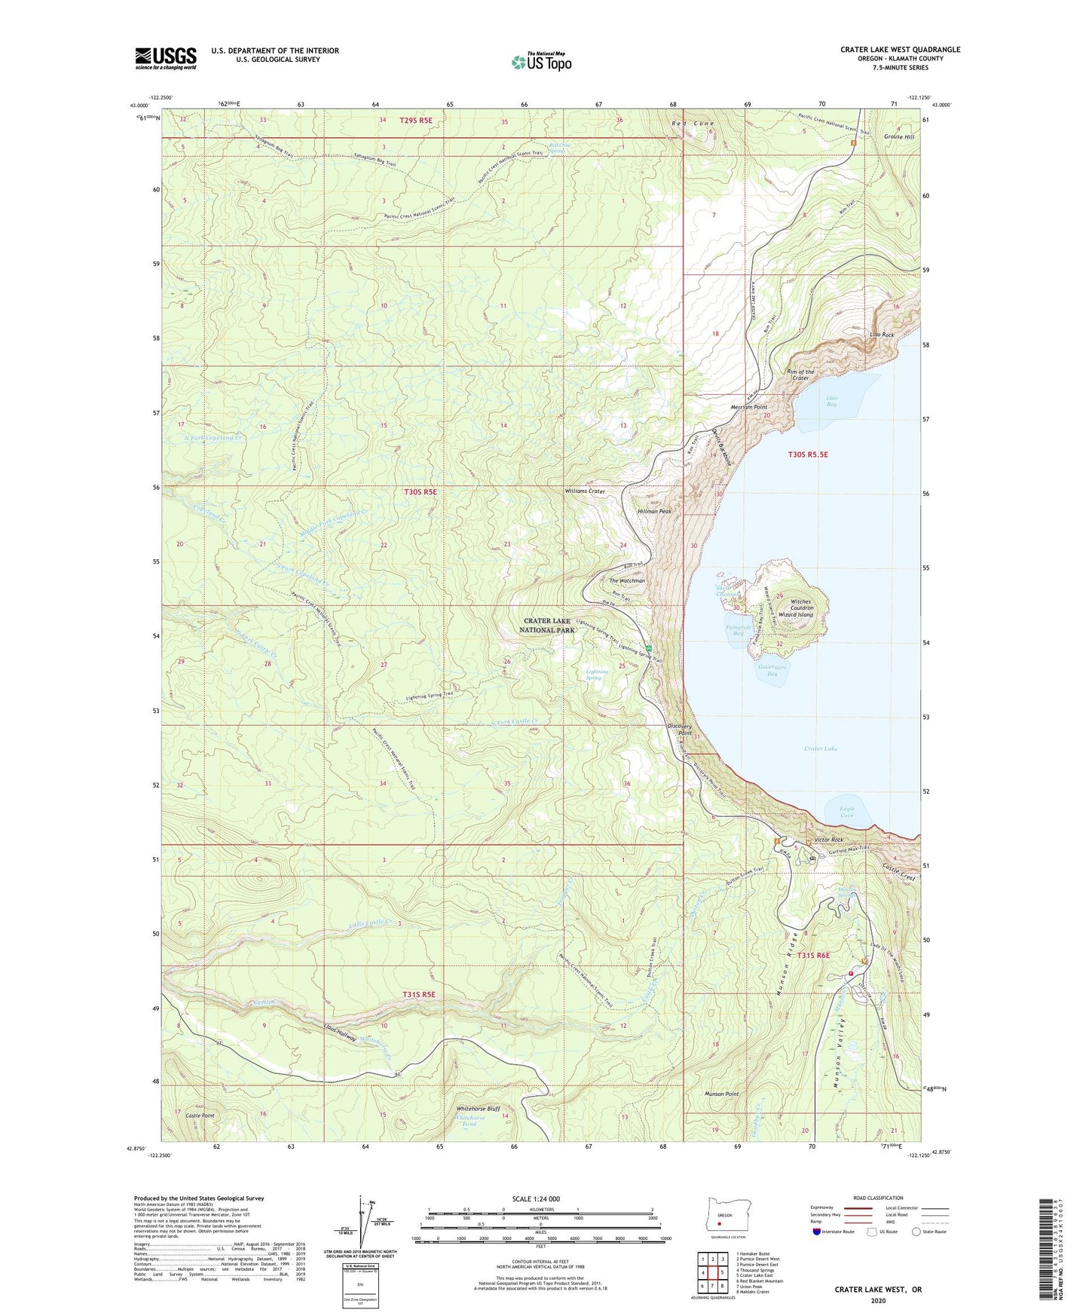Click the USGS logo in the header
point(166,58)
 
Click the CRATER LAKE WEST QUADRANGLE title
point(900,50)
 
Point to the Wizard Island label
point(796,615)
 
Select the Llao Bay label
point(832,401)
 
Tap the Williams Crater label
point(585,491)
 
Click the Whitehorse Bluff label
point(479,1109)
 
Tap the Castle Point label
point(200,1116)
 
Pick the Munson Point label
point(721,1094)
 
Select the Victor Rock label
point(827,840)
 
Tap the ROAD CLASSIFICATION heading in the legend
point(878,1198)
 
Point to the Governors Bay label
point(772,670)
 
